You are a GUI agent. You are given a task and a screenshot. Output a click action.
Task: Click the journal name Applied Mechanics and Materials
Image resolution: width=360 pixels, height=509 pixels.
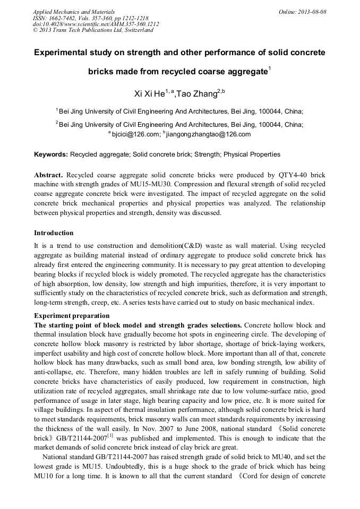pos(74,11)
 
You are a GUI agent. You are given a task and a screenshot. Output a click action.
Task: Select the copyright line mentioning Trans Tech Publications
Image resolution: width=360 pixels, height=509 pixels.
pos(93,30)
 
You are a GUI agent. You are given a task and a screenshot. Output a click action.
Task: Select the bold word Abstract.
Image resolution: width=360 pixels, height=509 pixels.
pos(48,175)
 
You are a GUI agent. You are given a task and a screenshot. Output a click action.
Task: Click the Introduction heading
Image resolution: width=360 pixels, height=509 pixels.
pos(54,232)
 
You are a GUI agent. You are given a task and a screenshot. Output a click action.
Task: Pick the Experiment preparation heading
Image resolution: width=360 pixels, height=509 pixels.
pos(67,315)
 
